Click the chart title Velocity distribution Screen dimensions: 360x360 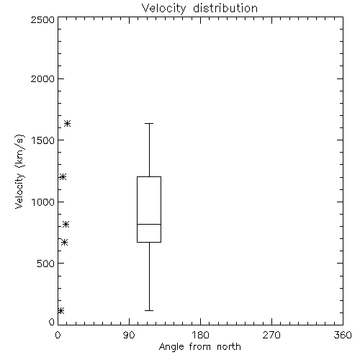point(199,8)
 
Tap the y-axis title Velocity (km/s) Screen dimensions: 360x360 point(19,172)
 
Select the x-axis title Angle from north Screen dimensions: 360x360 point(199,347)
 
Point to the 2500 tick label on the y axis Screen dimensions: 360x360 point(42,19)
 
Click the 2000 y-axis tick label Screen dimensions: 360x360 point(42,78)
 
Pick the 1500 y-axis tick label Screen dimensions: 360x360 point(43,140)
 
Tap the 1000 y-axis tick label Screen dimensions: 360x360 point(43,202)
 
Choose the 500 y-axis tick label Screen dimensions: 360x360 point(46,264)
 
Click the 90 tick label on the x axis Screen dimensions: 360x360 point(129,335)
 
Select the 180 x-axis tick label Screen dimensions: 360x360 point(200,335)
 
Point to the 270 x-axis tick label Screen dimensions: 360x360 point(271,335)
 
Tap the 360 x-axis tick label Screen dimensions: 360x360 point(343,335)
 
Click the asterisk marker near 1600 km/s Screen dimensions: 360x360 point(67,124)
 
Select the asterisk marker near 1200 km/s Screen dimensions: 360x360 point(63,177)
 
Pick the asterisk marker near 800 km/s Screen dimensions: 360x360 point(66,225)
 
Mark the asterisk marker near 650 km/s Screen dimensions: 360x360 point(64,243)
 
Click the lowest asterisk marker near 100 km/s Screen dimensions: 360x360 point(60,311)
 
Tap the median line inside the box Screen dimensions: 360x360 point(149,224)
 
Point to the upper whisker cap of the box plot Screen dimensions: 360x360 point(149,123)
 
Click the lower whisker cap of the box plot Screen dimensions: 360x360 point(149,310)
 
